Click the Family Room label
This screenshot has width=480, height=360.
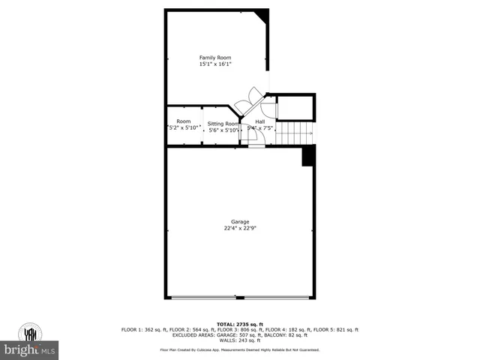pyautogui.click(x=214, y=58)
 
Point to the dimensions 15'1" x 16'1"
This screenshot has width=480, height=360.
pyautogui.click(x=214, y=64)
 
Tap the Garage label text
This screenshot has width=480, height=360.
pyautogui.click(x=240, y=221)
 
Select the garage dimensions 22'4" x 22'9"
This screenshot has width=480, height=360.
pyautogui.click(x=240, y=228)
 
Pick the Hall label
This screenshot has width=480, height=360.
pyautogui.click(x=259, y=121)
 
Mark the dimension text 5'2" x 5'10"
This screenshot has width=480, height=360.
pyautogui.click(x=184, y=129)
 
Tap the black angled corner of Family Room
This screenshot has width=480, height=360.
pyautogui.click(x=262, y=16)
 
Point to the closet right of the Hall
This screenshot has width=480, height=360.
pyautogui.click(x=295, y=108)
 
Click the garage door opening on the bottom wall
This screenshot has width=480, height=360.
pyautogui.click(x=240, y=298)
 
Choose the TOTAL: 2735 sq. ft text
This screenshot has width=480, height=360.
pyautogui.click(x=240, y=323)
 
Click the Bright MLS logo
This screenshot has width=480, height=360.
pyautogui.click(x=30, y=349)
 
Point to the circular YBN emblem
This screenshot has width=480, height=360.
pyautogui.click(x=31, y=332)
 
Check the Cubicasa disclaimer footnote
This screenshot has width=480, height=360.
pyautogui.click(x=240, y=349)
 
